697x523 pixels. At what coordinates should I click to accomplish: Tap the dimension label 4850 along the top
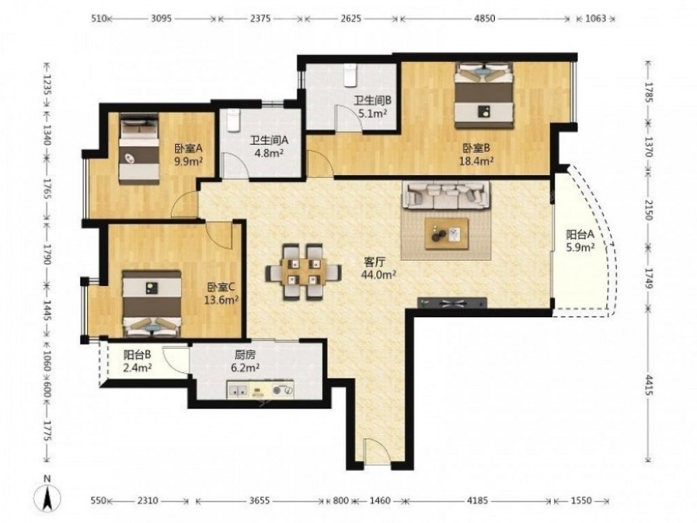coord(484,19)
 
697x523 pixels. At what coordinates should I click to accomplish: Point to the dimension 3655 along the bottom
coord(259,501)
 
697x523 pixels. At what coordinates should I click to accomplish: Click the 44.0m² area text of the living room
coord(378,275)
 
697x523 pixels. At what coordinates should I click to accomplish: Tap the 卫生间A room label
coord(269,140)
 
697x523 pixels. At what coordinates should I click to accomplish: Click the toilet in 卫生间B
coord(351,75)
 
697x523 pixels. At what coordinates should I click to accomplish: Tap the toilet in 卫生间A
coord(233,121)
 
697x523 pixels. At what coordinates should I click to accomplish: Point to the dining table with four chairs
coord(304,271)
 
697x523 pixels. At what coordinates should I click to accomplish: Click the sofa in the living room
coord(446,195)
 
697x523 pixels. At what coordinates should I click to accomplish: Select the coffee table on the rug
coord(447,234)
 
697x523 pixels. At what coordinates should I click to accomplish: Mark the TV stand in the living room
coord(452,303)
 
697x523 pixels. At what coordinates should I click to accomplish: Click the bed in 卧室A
coord(139,149)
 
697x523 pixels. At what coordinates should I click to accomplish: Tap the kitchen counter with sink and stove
coord(261,390)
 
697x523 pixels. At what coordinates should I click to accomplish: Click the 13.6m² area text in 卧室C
coord(222,300)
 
